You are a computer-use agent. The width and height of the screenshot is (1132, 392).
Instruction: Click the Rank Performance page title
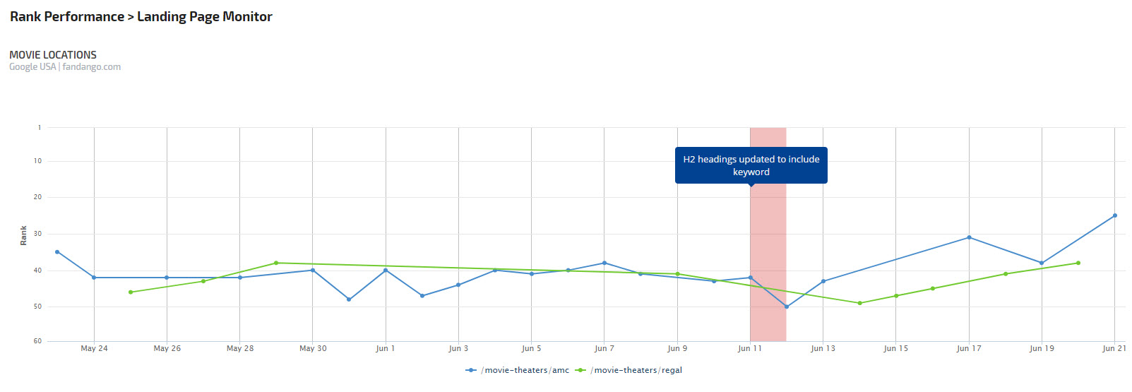141,17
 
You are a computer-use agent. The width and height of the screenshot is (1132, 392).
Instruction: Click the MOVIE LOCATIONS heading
53,54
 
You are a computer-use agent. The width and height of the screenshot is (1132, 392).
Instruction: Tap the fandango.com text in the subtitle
92,67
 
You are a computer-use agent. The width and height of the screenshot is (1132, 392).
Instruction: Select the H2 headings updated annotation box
751,165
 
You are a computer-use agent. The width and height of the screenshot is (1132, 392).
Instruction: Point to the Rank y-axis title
23,235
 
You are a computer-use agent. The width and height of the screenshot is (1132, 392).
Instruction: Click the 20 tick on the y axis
38,197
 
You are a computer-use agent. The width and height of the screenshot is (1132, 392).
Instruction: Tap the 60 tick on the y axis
38,341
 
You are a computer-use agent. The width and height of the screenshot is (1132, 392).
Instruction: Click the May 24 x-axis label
94,348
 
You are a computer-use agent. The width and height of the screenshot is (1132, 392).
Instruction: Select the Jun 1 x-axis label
386,348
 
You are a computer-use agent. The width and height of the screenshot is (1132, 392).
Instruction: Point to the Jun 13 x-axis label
823,348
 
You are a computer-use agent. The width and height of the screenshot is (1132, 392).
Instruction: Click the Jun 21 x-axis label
1114,348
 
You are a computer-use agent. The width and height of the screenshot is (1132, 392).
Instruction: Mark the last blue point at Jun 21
1115,215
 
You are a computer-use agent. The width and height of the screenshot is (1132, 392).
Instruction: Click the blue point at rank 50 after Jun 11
787,307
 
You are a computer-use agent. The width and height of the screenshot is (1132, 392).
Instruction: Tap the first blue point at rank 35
57,252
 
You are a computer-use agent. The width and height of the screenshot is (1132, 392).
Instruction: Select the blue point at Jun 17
969,237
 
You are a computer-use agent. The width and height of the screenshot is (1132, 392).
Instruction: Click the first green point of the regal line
131,292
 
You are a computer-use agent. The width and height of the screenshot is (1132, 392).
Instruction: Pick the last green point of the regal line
1078,263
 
